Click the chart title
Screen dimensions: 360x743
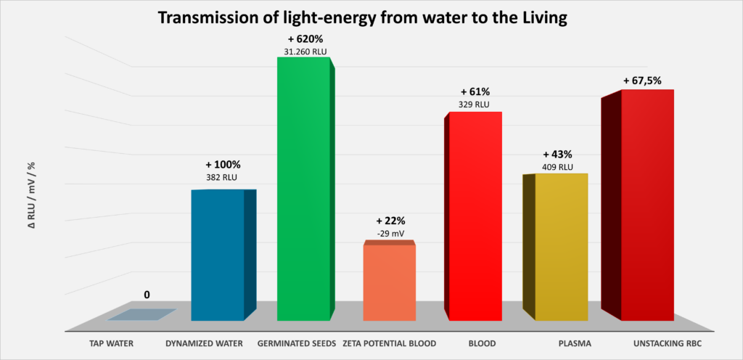click(371, 17)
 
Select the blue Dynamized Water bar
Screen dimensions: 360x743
click(218, 254)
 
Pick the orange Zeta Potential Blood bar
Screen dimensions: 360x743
click(389, 282)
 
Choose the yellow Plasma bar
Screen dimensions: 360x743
click(560, 247)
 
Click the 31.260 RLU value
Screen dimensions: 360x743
click(305, 52)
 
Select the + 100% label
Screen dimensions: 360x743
click(223, 165)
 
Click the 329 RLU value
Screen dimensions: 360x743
click(475, 105)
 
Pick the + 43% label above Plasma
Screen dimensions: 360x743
click(557, 155)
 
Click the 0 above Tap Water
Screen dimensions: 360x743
click(147, 295)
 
